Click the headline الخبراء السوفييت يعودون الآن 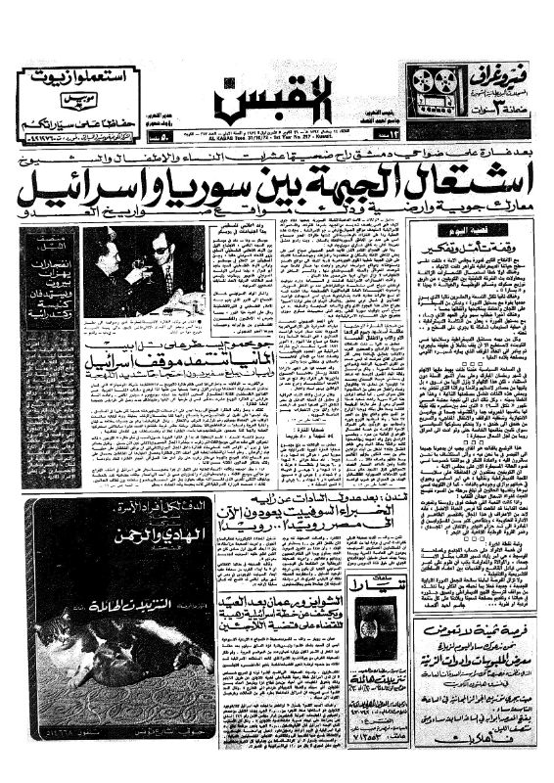coord(293,516)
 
